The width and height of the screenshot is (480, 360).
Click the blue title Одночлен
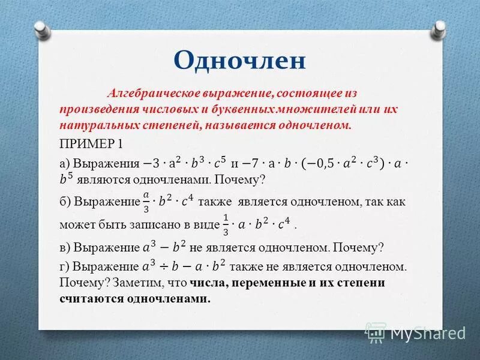coord(240,61)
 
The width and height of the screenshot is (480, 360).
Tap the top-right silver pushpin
coord(439,28)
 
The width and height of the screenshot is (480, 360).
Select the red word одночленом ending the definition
coord(320,125)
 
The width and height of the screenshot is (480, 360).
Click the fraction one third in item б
coord(226,223)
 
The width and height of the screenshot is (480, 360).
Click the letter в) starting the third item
coord(65,248)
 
